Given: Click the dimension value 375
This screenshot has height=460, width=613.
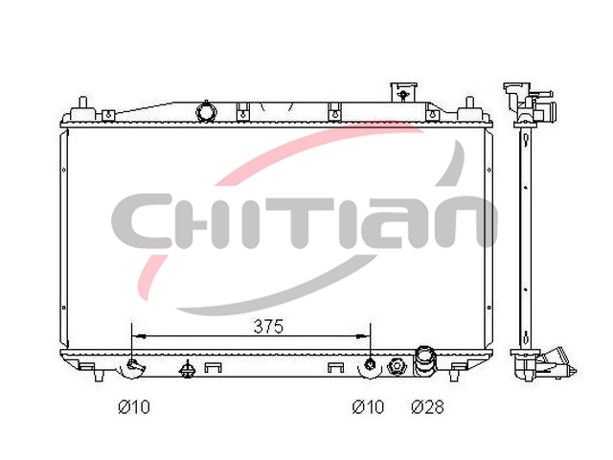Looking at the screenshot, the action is click(268, 326).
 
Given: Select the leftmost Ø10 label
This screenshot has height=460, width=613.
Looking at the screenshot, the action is click(134, 407).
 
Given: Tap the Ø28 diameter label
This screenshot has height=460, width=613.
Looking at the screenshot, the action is click(428, 407).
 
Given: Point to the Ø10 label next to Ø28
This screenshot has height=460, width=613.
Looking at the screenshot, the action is click(368, 407).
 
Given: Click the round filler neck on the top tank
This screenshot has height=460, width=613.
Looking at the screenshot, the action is click(206, 112).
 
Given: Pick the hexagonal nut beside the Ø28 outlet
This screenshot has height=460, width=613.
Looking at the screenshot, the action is click(397, 366).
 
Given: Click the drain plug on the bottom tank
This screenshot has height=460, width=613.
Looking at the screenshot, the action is click(188, 368).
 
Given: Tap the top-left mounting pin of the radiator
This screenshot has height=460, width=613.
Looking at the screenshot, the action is click(82, 105).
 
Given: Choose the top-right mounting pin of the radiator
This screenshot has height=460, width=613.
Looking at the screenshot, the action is click(470, 105).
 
